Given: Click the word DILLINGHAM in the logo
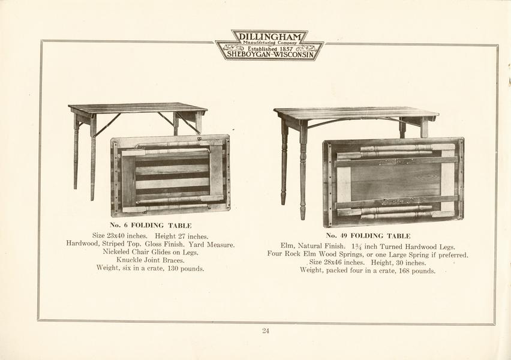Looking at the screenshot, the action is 270,36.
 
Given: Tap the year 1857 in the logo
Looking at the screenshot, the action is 286,49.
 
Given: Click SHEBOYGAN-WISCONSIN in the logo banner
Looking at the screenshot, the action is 270,55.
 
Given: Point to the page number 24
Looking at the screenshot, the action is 266,331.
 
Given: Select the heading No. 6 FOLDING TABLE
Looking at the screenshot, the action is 151,226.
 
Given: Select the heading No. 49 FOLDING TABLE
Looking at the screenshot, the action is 368,236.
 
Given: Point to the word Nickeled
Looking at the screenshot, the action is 116,252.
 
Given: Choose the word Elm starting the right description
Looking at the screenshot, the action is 287,247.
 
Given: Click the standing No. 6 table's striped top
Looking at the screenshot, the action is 138,108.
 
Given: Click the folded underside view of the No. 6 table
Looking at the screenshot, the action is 170,176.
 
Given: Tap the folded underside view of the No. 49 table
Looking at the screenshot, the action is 393,182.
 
